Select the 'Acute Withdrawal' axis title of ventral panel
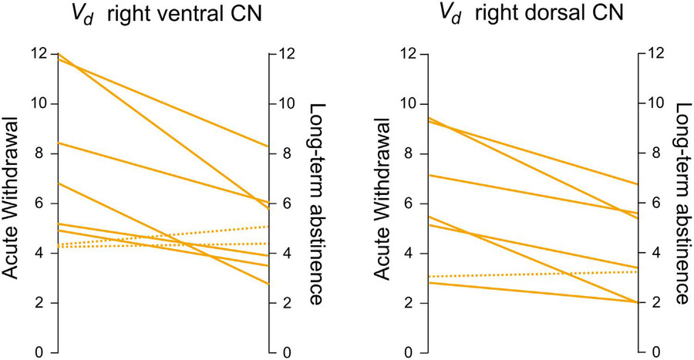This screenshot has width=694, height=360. pyautogui.click(x=12, y=198)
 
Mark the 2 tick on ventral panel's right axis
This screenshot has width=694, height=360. pyautogui.click(x=285, y=303)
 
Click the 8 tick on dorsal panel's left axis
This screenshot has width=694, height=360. pyautogui.click(x=413, y=153)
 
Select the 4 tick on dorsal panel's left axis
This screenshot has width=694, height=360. pyautogui.click(x=413, y=253)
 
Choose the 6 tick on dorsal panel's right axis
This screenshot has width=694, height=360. pyautogui.click(x=654, y=203)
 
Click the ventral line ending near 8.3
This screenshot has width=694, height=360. pyautogui.click(x=164, y=103)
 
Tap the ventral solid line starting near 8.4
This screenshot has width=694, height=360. pyautogui.click(x=164, y=173)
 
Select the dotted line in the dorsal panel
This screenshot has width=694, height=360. pyautogui.click(x=533, y=274)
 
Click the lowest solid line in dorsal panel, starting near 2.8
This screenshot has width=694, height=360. pyautogui.click(x=533, y=292)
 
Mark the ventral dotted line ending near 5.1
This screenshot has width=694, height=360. pyautogui.click(x=164, y=237)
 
